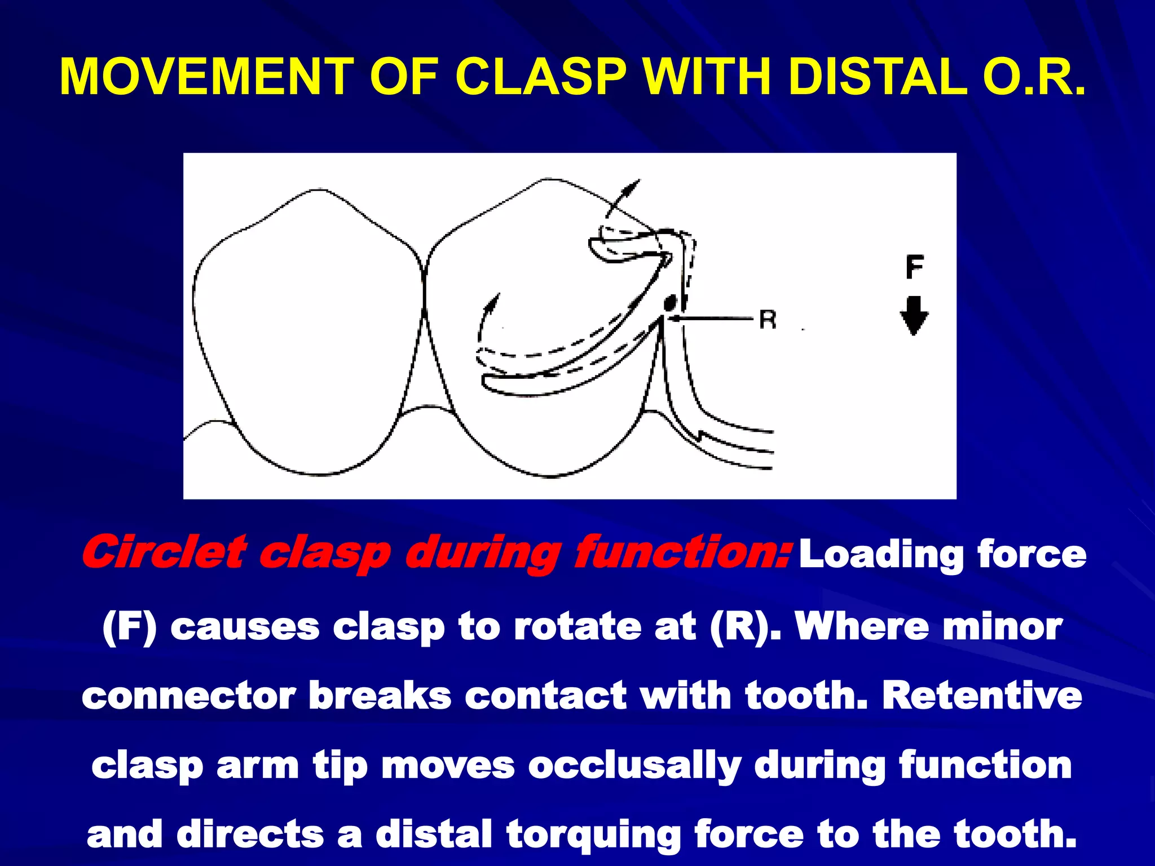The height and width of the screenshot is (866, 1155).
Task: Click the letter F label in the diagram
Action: click(x=914, y=267)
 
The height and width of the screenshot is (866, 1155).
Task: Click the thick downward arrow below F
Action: click(x=914, y=316)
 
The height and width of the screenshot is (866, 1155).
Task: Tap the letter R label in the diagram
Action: click(x=768, y=319)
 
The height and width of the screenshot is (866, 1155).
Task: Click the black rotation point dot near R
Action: click(x=669, y=303)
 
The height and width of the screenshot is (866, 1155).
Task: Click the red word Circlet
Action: click(x=164, y=553)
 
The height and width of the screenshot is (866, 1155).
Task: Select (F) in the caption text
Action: click(x=129, y=627)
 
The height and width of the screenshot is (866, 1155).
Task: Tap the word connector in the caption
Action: click(x=189, y=696)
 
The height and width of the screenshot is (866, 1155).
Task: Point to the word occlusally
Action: click(x=634, y=766)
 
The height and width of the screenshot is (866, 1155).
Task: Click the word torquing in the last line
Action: click(x=593, y=835)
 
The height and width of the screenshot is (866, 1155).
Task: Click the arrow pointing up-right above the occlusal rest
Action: click(x=623, y=197)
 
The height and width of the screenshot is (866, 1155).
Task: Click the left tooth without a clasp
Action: click(x=307, y=333)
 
